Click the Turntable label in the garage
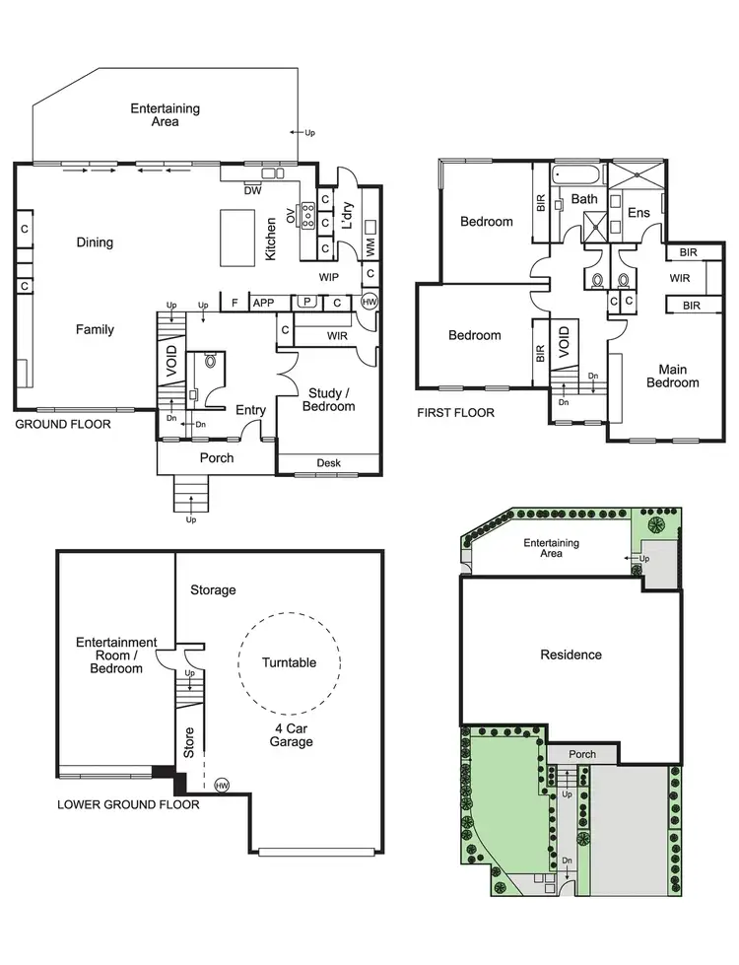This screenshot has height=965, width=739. (290, 662)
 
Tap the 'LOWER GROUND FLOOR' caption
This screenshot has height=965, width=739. (129, 804)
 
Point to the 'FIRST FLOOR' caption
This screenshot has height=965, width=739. (455, 413)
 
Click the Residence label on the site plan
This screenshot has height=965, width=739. (571, 655)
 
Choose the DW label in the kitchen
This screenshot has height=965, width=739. (252, 191)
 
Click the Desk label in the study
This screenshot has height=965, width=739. (328, 463)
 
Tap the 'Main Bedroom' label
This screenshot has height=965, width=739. (672, 376)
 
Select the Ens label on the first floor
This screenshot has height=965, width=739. (638, 212)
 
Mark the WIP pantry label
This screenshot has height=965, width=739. (329, 277)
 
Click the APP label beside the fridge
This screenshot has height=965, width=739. (263, 303)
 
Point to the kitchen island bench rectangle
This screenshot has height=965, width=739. (236, 237)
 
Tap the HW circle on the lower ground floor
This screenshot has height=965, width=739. (222, 785)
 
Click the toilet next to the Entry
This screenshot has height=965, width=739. (209, 363)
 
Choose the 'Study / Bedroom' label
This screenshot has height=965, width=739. (328, 399)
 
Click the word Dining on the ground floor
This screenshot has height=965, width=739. (95, 242)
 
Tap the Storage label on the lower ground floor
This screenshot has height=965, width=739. (213, 589)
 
